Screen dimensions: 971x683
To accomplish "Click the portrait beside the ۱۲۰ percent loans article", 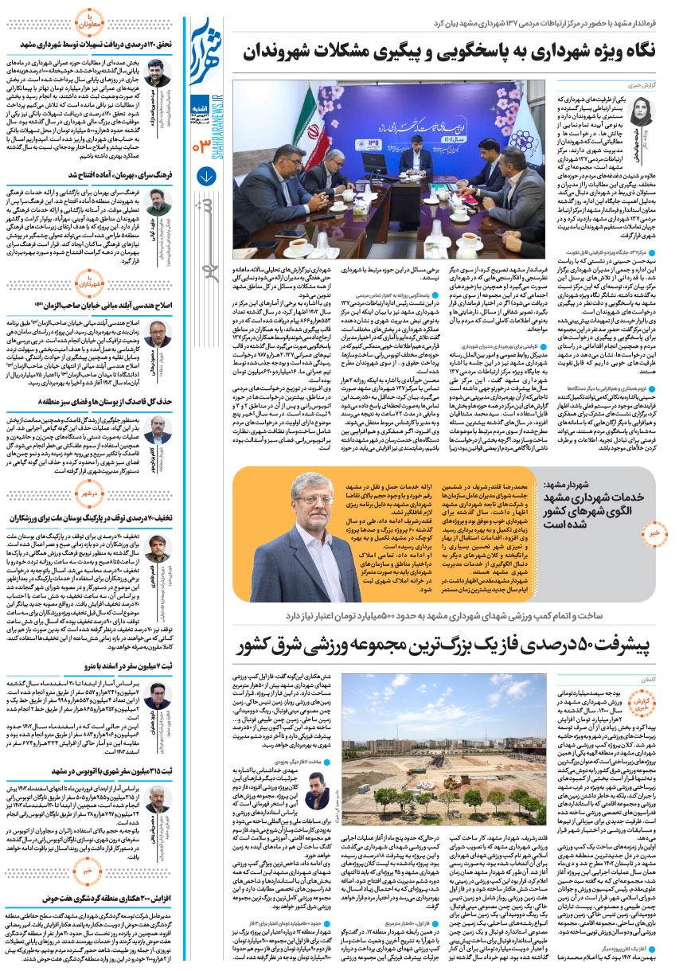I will (x=158, y=73).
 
